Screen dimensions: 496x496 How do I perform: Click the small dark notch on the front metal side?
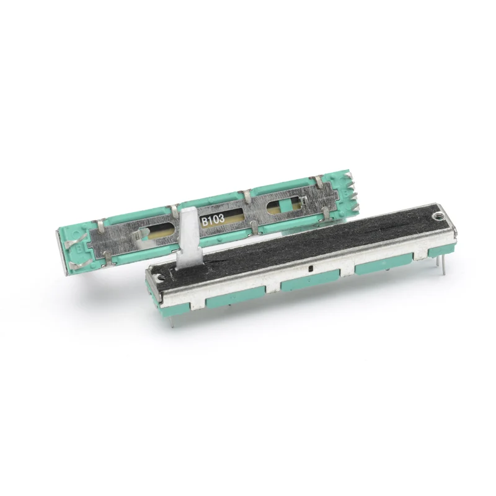(x=308, y=270)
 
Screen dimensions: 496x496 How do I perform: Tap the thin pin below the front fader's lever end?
(x=169, y=316)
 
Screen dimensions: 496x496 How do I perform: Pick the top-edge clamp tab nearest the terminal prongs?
(x=318, y=181)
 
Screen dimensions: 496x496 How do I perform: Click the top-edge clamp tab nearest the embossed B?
(x=99, y=221)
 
